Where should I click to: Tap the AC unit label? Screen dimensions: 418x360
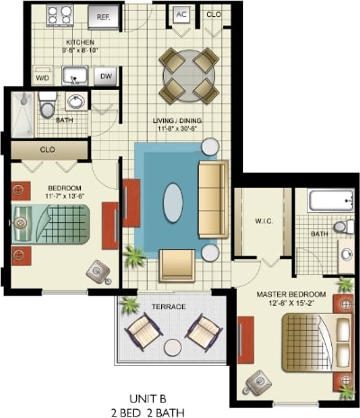coord(182,15)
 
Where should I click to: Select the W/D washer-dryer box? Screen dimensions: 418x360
coord(41,77)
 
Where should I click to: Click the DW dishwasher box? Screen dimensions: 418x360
coord(106,77)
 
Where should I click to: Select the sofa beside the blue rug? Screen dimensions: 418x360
coord(213,200)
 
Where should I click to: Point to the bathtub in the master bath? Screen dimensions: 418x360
coord(325,200)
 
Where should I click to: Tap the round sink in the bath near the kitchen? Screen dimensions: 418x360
coord(76,102)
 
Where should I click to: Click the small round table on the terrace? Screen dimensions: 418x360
coord(173,346)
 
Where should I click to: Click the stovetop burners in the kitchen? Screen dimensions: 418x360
coord(60,14)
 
